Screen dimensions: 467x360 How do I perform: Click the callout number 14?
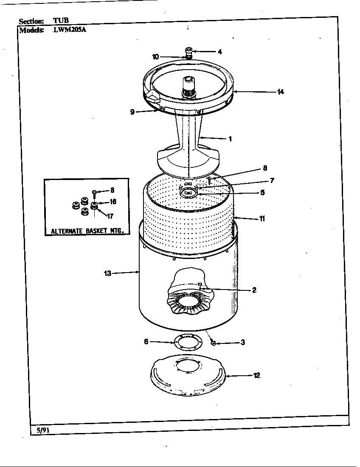click(x=280, y=92)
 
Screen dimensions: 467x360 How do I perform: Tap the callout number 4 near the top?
click(x=219, y=52)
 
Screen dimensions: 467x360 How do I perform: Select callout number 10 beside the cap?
click(x=155, y=56)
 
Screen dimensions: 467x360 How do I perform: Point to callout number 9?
click(x=132, y=112)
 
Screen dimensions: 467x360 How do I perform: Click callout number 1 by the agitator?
click(x=230, y=138)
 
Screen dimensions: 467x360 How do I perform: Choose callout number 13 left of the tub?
click(x=108, y=273)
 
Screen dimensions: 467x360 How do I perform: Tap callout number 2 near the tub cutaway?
click(x=254, y=290)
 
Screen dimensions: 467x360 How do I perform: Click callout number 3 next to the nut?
click(x=242, y=342)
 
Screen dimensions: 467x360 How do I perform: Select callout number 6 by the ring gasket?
click(x=146, y=341)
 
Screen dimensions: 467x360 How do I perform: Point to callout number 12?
click(x=256, y=375)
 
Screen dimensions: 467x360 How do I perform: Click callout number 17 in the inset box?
click(x=110, y=216)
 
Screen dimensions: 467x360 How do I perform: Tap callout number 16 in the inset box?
click(x=113, y=202)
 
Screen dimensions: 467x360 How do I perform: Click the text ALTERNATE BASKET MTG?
click(x=87, y=231)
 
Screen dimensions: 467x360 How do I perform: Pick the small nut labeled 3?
click(x=214, y=342)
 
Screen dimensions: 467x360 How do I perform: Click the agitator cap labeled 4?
click(x=188, y=51)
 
